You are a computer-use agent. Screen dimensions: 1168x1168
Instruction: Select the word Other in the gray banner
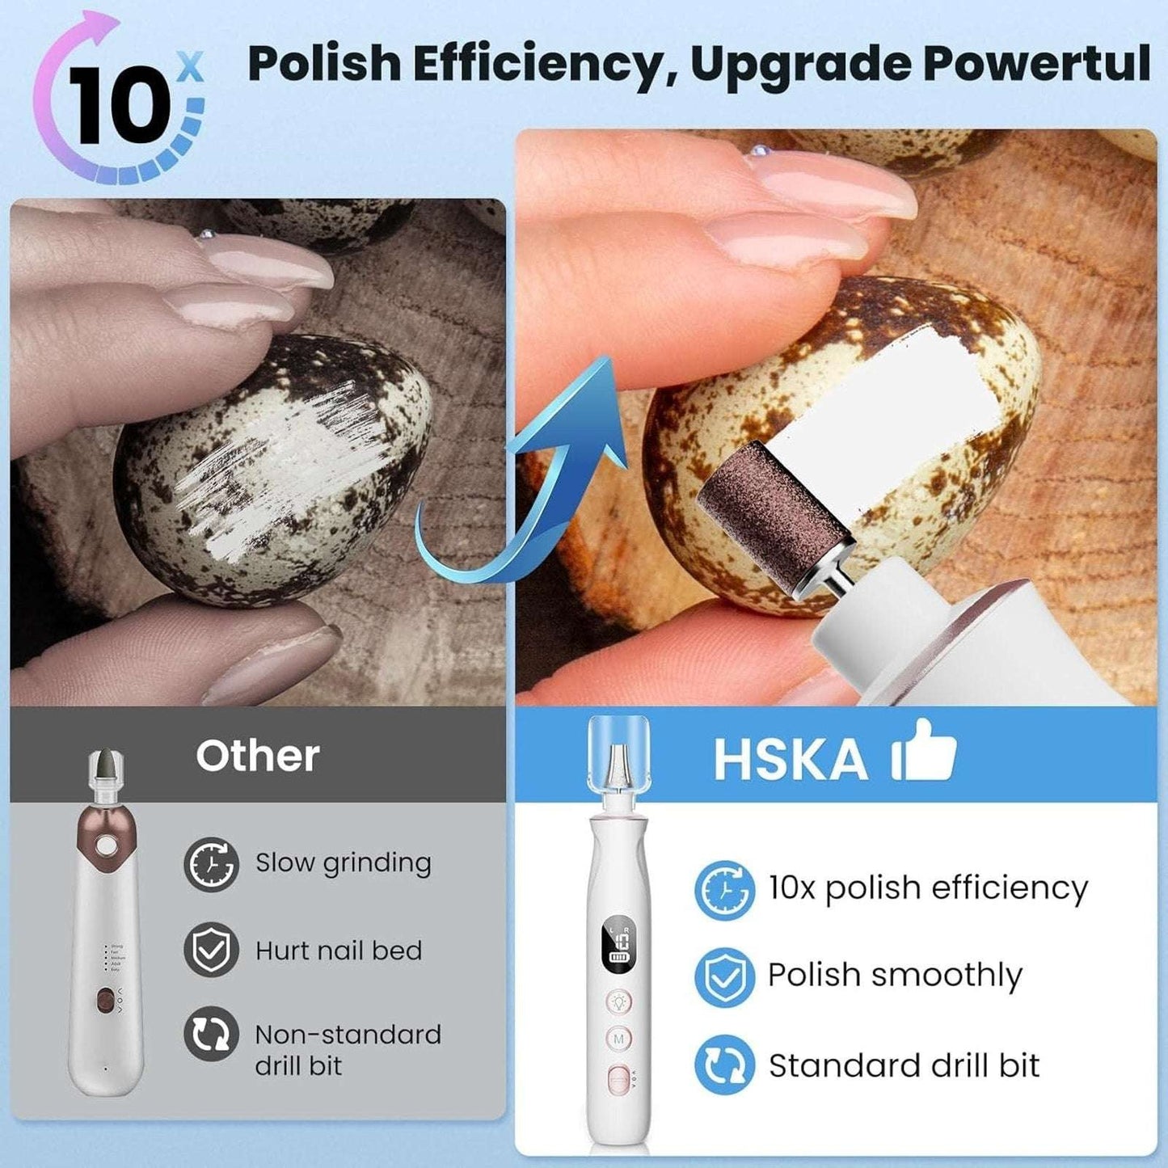click(257, 756)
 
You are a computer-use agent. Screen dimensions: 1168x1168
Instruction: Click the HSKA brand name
click(790, 759)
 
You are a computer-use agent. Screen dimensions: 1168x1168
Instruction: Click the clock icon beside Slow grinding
click(211, 864)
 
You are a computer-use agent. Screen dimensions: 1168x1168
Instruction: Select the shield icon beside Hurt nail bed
click(211, 950)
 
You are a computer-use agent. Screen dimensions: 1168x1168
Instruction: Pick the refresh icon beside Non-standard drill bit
click(211, 1034)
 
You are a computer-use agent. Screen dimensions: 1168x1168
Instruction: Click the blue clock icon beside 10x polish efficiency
click(724, 890)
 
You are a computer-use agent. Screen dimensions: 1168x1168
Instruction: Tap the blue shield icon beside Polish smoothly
click(724, 976)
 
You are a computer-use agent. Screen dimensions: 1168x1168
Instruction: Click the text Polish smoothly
click(895, 976)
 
